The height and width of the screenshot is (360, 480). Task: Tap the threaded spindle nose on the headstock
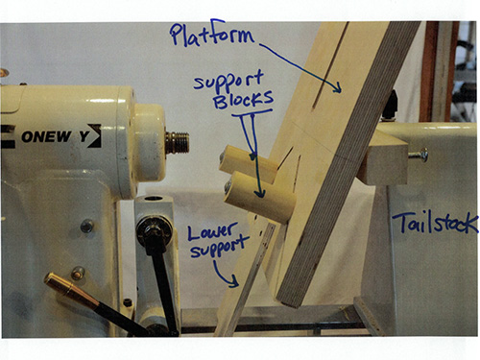(x=177, y=142)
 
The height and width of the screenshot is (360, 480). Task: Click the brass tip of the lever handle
(x=57, y=285)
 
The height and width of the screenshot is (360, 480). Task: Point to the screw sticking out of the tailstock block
(x=420, y=154)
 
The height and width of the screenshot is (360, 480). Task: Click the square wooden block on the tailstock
(x=384, y=157)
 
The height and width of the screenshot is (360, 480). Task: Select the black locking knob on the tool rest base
(x=151, y=229)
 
